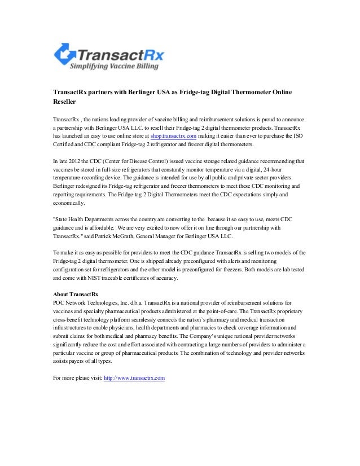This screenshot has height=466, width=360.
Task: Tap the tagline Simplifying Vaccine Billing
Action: point(114,67)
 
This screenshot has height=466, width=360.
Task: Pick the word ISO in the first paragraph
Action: point(298,137)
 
